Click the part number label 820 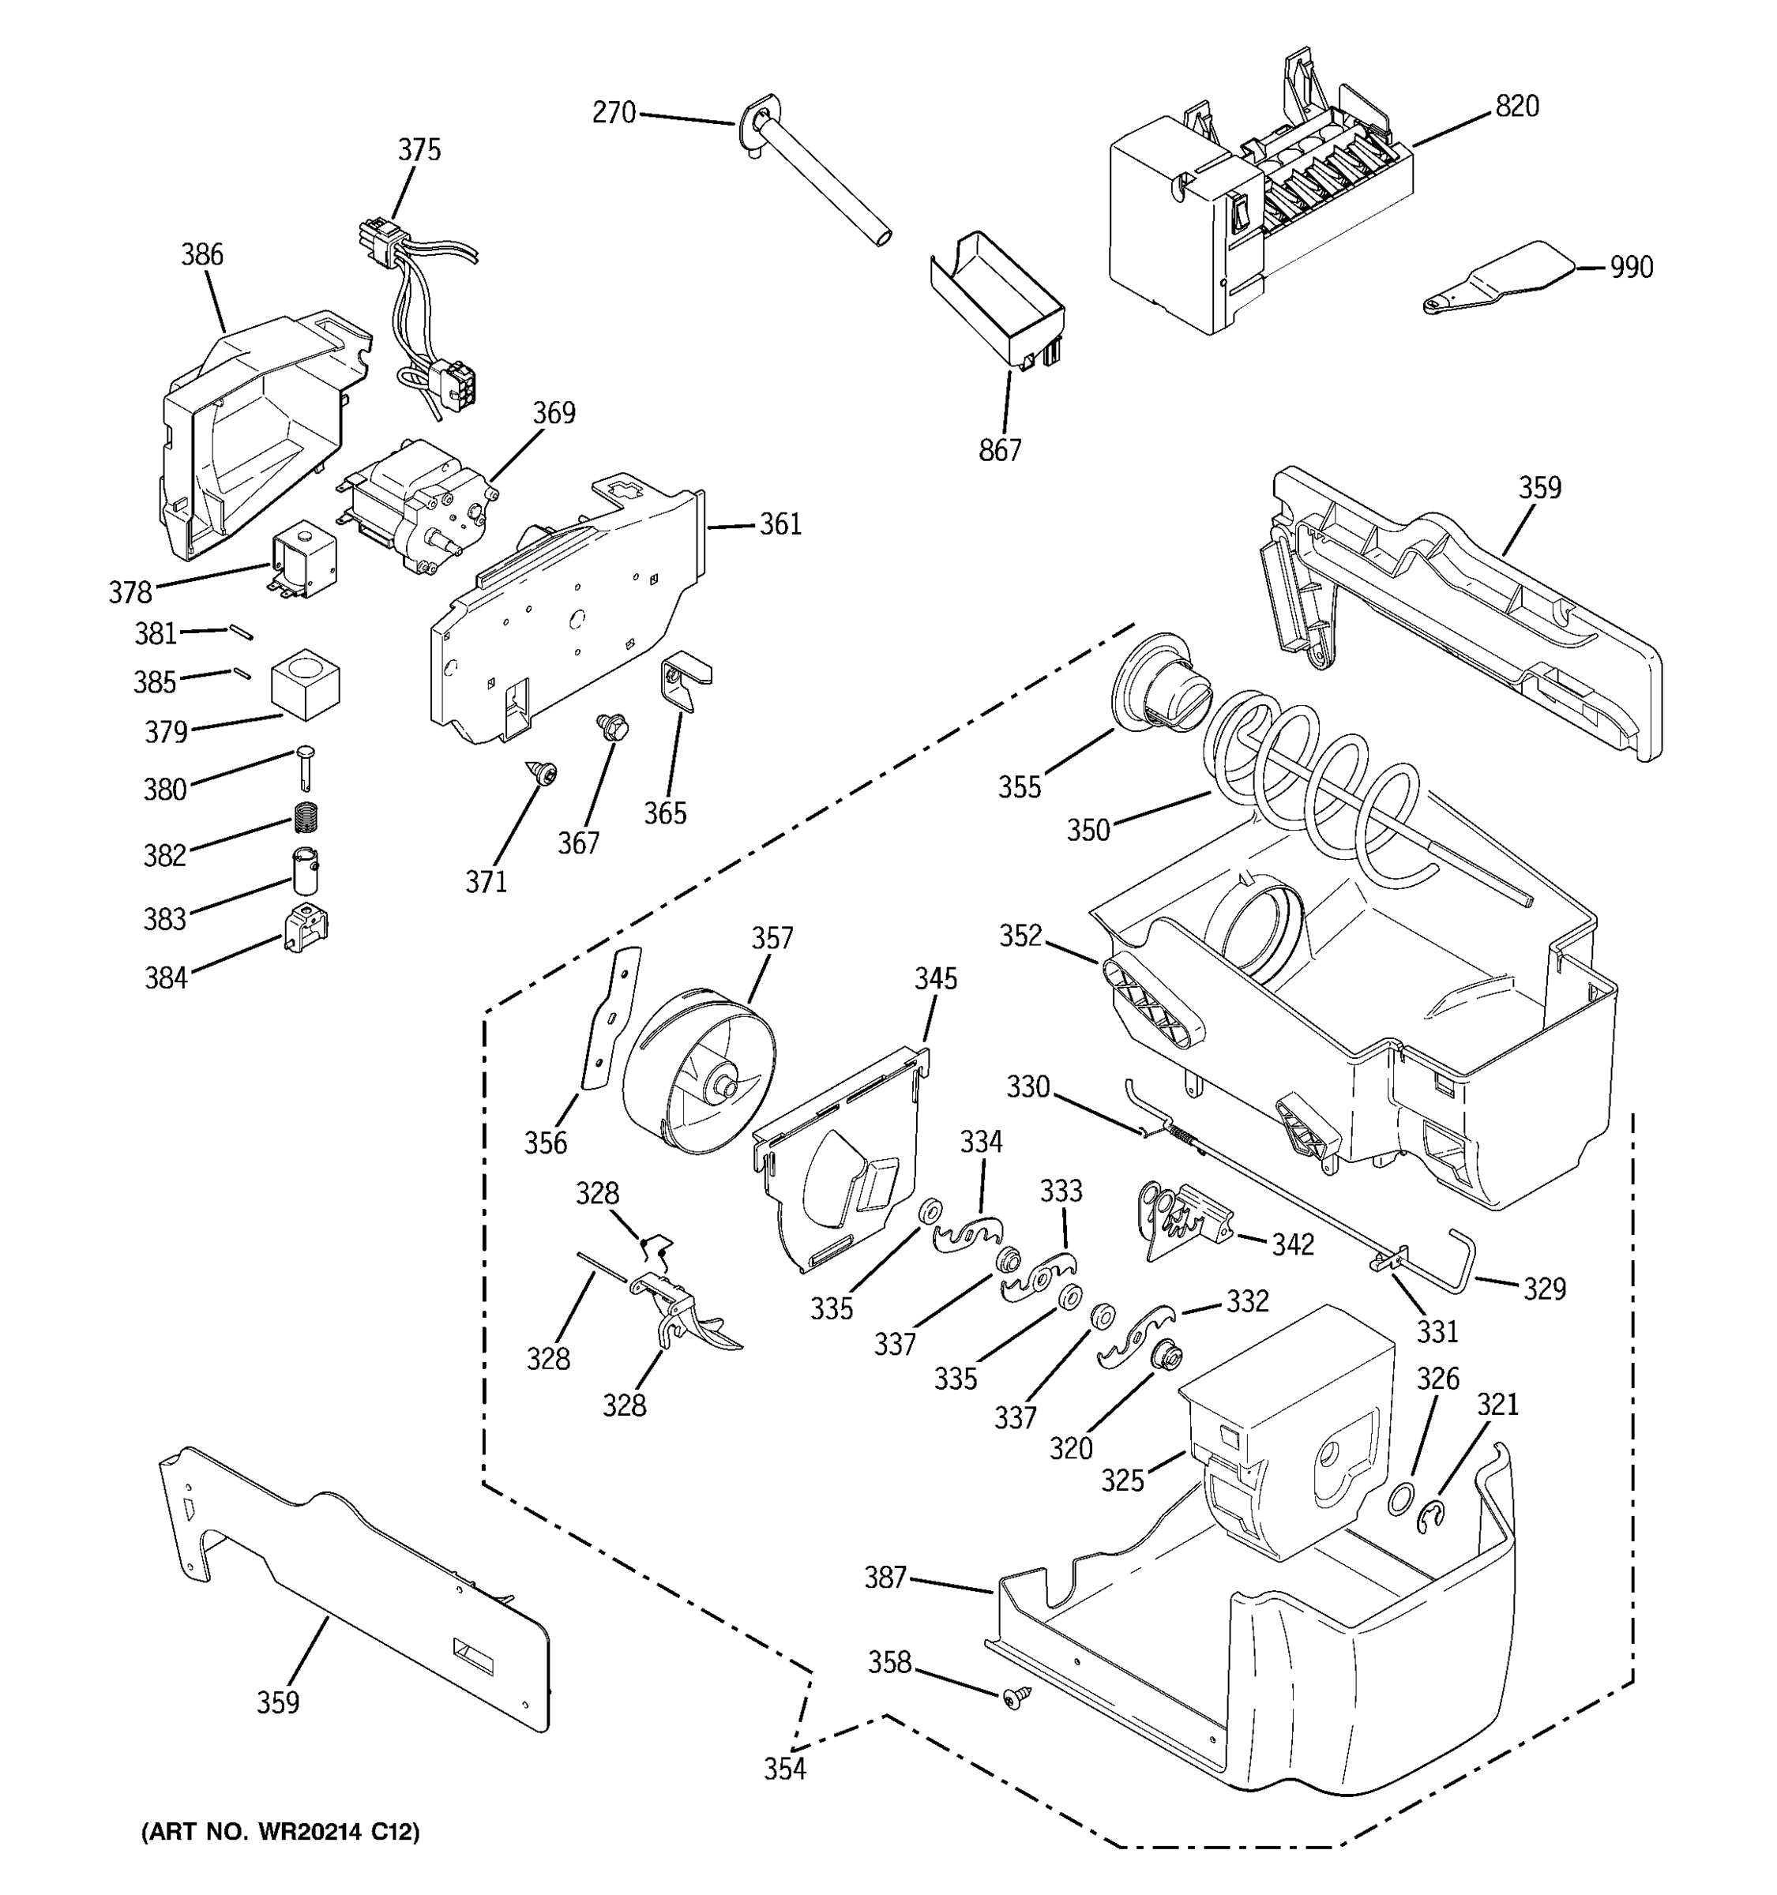point(1516,106)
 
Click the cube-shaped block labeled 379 point(305,684)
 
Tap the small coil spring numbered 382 point(305,817)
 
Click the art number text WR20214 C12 point(280,1832)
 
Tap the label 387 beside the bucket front point(885,1578)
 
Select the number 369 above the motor point(554,413)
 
